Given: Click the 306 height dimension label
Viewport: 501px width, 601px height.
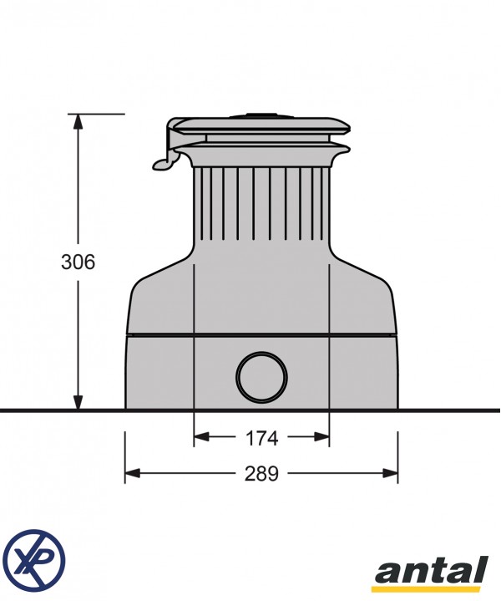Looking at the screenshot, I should coord(78,262).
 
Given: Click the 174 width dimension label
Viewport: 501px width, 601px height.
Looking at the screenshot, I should coord(261,437).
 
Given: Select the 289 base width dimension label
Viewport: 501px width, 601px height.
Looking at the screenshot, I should coord(261,474).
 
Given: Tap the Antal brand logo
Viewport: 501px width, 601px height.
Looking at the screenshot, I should coord(430,573).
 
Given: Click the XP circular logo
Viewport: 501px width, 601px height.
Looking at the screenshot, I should coord(33,557).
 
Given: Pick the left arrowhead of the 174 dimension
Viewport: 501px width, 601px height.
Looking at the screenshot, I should coord(201,436).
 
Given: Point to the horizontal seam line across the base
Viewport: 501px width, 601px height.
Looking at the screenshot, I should coord(262,335).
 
